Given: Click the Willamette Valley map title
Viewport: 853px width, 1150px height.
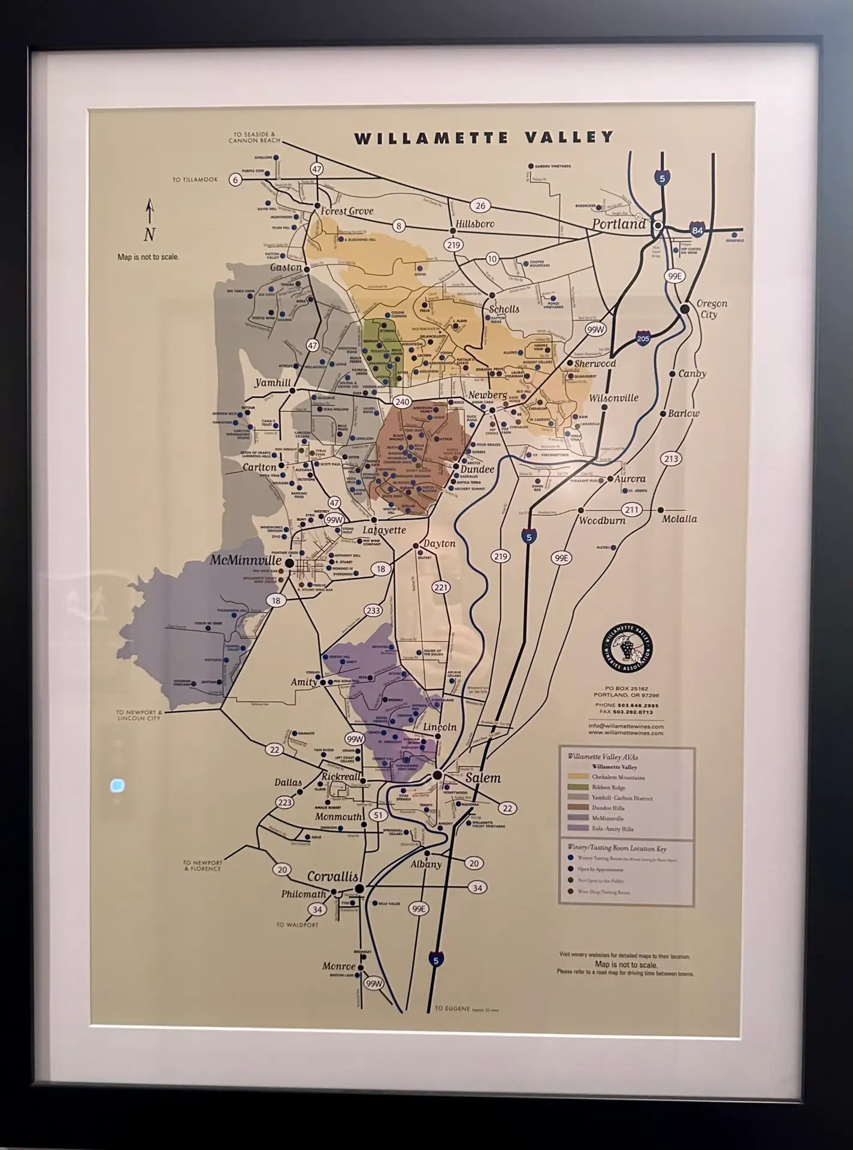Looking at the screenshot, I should tap(484, 138).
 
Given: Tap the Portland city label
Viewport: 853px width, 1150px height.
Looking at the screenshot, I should tap(619, 224).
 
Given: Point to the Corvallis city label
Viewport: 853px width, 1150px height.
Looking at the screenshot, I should tap(332, 876).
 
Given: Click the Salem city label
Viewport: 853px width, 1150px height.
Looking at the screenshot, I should tap(483, 778).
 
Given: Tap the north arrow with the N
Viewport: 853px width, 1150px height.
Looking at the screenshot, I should tap(150, 222).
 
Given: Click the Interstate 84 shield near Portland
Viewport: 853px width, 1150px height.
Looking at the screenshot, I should tap(697, 231).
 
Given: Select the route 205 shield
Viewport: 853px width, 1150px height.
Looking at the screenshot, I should tap(643, 338).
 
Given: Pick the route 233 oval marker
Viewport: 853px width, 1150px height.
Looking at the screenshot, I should tap(373, 610).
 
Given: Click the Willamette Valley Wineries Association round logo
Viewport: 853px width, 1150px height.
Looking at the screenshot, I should tap(627, 649).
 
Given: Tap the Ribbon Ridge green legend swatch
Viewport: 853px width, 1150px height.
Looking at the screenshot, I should tap(577, 788).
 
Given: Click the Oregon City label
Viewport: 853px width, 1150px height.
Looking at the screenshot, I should tap(711, 309).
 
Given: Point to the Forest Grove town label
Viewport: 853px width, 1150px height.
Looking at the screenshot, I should tap(347, 211).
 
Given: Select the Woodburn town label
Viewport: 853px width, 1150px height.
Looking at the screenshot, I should tap(601, 520).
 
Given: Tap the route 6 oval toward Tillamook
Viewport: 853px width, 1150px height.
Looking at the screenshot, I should tap(235, 180).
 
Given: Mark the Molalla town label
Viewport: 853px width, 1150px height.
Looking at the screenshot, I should tap(679, 519).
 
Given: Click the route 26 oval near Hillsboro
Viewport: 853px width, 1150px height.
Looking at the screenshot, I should tap(480, 205).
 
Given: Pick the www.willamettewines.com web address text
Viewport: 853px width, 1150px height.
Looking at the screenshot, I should tap(625, 733).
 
